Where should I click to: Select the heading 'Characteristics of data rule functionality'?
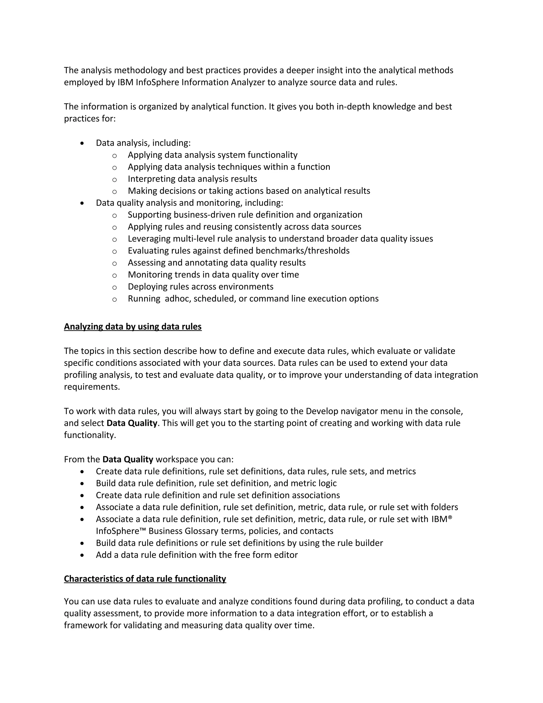(x=145, y=579)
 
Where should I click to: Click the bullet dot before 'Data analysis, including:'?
(x=82, y=143)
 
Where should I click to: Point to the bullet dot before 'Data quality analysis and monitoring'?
(x=82, y=203)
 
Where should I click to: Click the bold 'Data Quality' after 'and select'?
(x=132, y=423)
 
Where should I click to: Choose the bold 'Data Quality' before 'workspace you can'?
(x=128, y=459)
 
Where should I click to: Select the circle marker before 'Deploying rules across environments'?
(x=115, y=287)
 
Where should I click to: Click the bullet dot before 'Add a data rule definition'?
(x=82, y=555)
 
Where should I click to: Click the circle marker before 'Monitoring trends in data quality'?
(x=115, y=275)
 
